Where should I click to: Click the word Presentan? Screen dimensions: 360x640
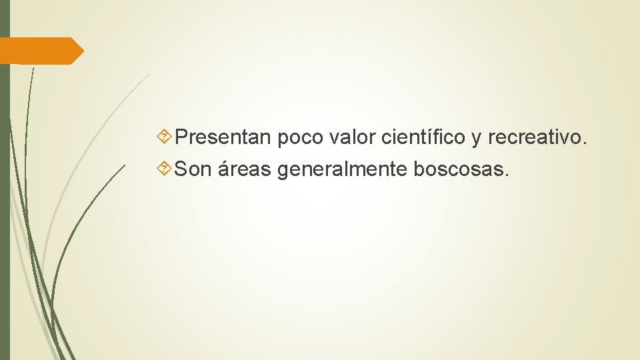[223, 138]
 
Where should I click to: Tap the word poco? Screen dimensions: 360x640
[299, 138]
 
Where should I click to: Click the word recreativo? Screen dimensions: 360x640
[535, 138]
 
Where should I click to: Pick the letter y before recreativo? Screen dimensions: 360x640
[477, 140]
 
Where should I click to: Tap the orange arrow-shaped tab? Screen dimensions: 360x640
[40, 51]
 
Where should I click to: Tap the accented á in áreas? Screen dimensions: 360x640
[221, 170]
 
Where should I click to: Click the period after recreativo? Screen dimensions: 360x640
[585, 144]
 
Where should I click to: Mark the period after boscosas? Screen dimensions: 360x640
[507, 176]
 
